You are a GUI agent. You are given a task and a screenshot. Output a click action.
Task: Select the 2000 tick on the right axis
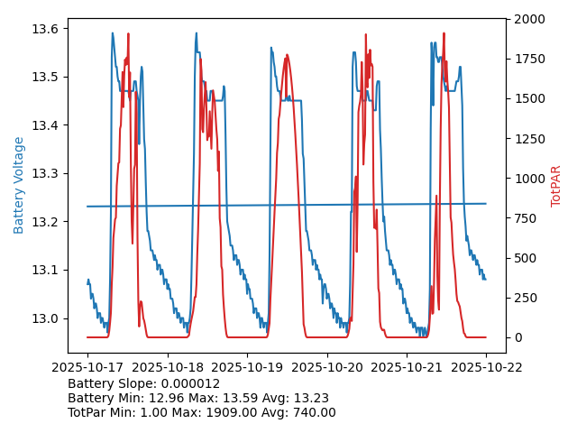tap(530, 19)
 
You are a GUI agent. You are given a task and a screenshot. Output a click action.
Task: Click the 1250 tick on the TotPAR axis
tap(530, 138)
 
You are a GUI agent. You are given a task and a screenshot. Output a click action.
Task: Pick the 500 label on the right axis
tap(527, 258)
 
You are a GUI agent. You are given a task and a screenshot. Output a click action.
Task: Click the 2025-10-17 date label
tap(87, 367)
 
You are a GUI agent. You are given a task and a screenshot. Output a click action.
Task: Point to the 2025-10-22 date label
tap(486, 367)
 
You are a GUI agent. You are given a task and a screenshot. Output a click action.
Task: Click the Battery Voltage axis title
tap(19, 185)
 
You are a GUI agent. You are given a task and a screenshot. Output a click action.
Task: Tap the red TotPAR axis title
tap(556, 186)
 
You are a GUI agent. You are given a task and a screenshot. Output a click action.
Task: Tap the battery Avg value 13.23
tap(311, 398)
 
